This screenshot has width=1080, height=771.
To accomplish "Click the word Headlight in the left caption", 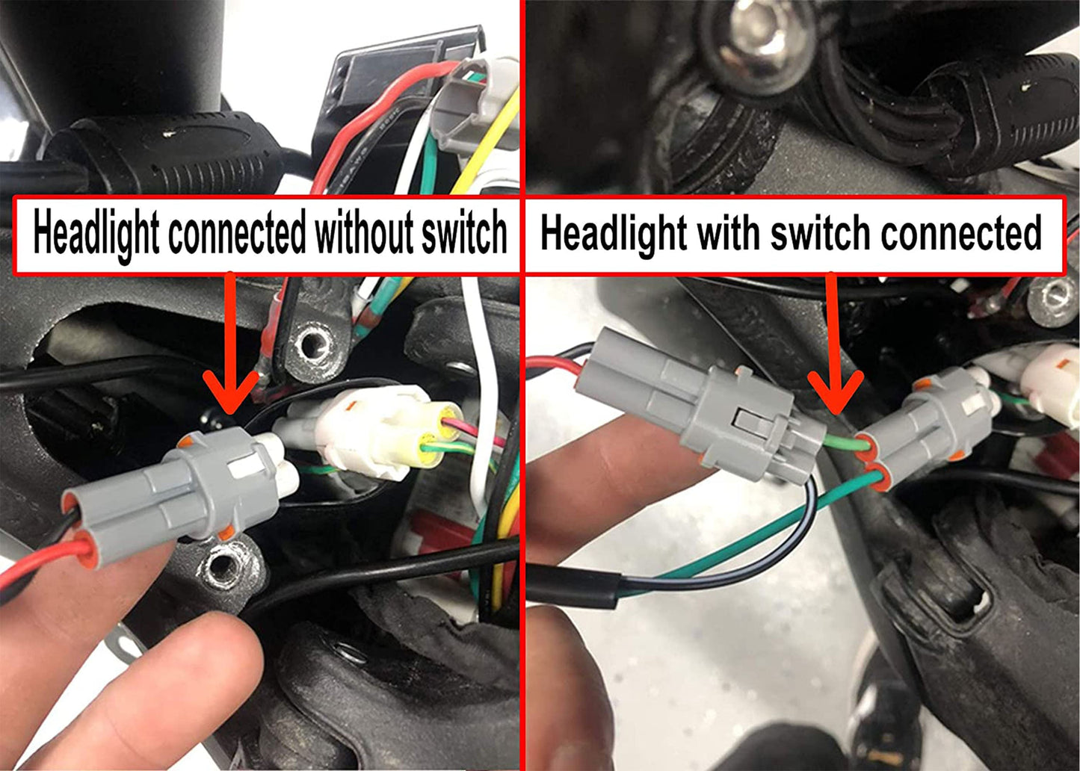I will point(95,233).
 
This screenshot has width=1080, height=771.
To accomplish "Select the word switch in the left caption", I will point(463,233).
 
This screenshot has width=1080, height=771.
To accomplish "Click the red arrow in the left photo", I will point(230,359).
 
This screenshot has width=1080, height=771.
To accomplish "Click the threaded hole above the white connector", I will point(309,344).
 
